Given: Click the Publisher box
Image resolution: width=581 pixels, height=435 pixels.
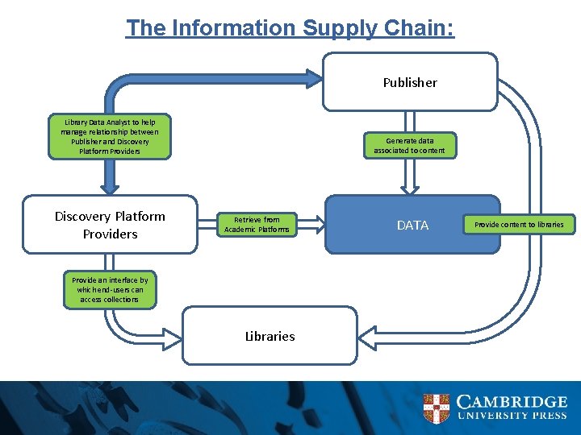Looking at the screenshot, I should tap(410, 82).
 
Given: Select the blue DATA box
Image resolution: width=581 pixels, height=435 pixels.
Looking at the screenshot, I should tap(412, 225).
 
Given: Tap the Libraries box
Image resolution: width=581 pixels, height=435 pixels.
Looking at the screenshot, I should tap(270, 336).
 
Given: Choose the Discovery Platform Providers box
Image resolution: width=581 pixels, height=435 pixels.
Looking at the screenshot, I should tap(110, 225).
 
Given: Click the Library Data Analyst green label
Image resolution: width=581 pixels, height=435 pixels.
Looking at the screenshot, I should tap(110, 136).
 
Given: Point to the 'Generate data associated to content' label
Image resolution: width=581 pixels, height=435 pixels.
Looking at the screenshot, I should tap(409, 146).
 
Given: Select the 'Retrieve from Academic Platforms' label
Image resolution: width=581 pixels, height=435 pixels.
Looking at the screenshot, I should tap(257, 225).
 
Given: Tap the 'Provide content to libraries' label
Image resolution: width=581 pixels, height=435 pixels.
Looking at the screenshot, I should tap(519, 224).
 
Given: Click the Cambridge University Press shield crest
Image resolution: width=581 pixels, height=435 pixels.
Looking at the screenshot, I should tap(436, 408).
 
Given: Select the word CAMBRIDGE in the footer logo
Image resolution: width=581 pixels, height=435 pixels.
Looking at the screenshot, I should tap(512, 401).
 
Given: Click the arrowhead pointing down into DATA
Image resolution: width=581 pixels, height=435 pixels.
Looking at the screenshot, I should tap(410, 188).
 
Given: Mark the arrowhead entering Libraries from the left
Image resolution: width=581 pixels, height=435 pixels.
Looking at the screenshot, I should tap(172, 333).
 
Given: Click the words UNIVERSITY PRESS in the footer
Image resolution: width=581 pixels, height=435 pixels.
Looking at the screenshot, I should tap(512, 416).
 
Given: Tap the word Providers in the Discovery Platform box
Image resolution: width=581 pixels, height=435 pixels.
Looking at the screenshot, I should tap(110, 234).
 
